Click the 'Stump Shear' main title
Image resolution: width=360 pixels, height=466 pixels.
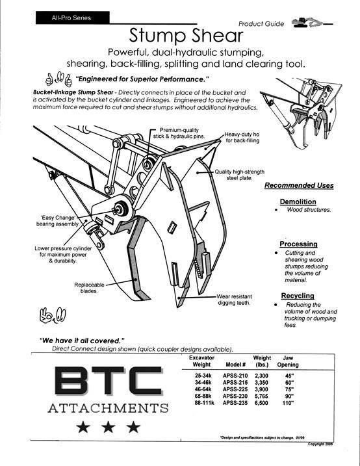point(186,36)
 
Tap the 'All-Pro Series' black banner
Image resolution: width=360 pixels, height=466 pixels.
point(73,18)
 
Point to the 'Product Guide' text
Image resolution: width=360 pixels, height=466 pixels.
point(261,24)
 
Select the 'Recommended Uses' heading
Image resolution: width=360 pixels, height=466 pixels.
point(299,185)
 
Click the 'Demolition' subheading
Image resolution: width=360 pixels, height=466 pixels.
point(298,201)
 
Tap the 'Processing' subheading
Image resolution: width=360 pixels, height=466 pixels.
point(298,244)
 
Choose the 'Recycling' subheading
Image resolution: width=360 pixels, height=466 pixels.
point(298,296)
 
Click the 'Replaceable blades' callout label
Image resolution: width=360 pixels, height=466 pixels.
point(89,288)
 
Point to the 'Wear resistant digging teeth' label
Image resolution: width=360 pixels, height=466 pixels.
point(234,300)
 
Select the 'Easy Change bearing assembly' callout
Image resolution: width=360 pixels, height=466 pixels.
point(58,220)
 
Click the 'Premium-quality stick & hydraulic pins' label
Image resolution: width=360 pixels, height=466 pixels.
point(179,133)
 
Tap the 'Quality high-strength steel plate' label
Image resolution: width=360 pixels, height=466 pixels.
point(239,175)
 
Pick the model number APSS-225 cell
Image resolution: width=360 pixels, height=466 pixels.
point(235,389)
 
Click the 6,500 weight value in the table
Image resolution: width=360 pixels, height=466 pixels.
point(261,403)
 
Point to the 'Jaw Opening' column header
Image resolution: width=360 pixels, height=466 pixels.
point(288,361)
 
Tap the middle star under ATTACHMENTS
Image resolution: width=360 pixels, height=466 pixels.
point(109,427)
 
